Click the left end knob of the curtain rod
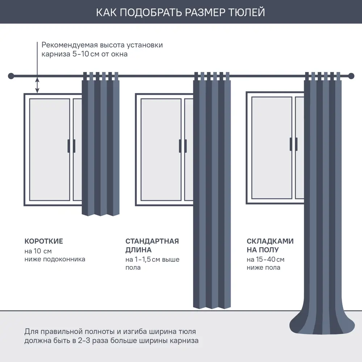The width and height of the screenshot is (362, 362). [x=11, y=76]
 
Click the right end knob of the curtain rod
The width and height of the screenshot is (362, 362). [x=351, y=76]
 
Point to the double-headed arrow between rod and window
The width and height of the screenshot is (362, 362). [x=37, y=85]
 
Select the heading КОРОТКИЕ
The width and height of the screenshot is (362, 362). [x=44, y=241]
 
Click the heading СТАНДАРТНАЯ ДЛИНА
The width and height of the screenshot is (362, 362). [x=152, y=245]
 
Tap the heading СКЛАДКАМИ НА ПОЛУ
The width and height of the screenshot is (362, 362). [x=270, y=245]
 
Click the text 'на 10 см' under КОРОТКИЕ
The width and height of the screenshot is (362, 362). [x=38, y=251]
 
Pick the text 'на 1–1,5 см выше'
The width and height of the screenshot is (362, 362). [x=152, y=259]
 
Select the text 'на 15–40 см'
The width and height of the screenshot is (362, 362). [x=265, y=259]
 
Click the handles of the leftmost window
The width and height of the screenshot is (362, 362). [x=71, y=146]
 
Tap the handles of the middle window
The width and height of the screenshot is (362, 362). [x=183, y=146]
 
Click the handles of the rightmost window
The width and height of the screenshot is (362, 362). [x=294, y=144]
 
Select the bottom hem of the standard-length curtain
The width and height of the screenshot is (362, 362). [x=212, y=307]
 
